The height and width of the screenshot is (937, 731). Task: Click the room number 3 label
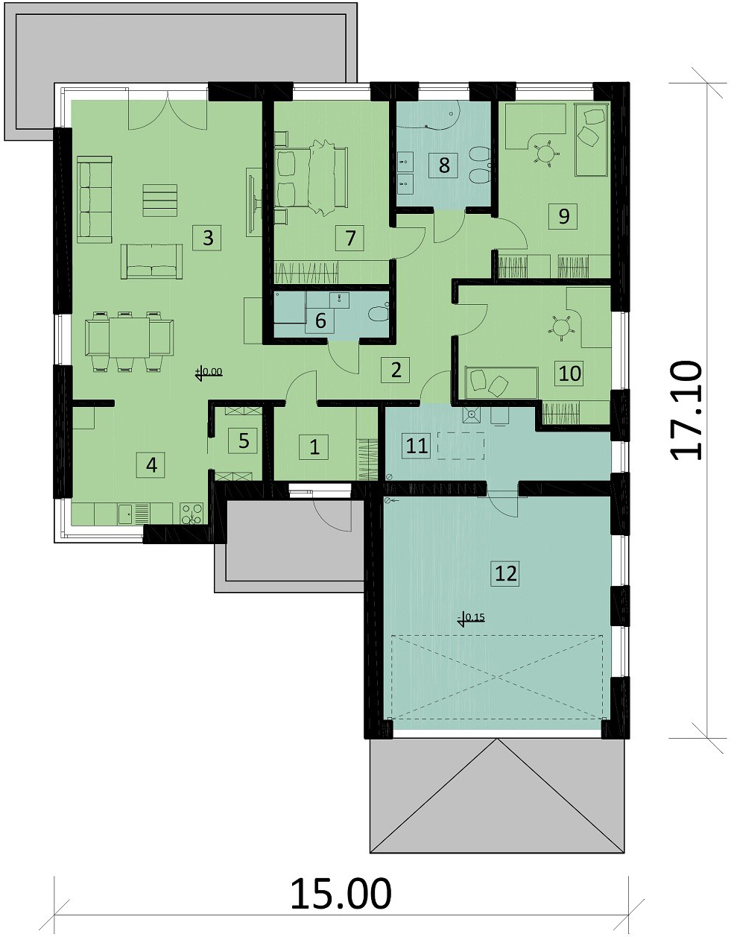(x=208, y=238)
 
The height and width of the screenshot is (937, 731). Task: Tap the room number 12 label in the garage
(x=505, y=573)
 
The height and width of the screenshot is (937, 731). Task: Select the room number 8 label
(x=444, y=165)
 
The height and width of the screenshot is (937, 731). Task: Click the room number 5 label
(x=244, y=441)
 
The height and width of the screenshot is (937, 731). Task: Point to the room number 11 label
(x=417, y=446)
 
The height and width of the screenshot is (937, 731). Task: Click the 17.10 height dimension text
(x=686, y=409)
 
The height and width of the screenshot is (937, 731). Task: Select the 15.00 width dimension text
(x=341, y=893)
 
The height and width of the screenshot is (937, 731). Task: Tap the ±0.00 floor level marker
(x=208, y=372)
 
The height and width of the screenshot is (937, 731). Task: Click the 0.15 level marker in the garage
(x=472, y=617)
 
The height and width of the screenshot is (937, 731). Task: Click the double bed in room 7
(x=311, y=177)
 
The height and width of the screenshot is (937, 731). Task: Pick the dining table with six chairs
(x=130, y=337)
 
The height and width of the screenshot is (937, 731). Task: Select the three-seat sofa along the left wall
(x=95, y=199)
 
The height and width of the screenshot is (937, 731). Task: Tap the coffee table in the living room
(x=160, y=201)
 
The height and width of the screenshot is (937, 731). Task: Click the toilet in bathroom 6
(x=379, y=313)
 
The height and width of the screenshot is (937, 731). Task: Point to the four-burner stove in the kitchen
(x=191, y=514)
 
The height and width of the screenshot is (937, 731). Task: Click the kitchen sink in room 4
(x=126, y=514)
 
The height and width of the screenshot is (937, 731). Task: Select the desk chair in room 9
(x=547, y=153)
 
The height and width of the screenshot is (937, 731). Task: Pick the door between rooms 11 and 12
(x=504, y=501)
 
